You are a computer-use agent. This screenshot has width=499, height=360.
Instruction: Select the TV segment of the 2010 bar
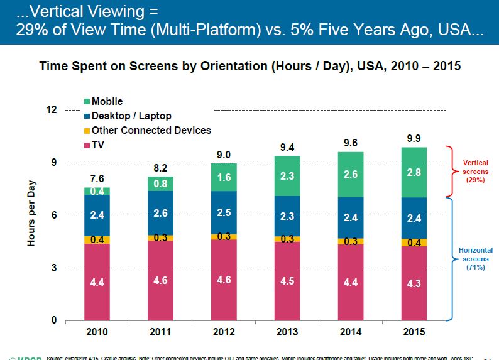click(x=97, y=282)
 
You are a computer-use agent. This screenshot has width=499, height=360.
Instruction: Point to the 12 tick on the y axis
click(x=51, y=110)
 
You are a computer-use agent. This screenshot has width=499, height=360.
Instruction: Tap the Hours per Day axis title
click(x=31, y=214)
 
